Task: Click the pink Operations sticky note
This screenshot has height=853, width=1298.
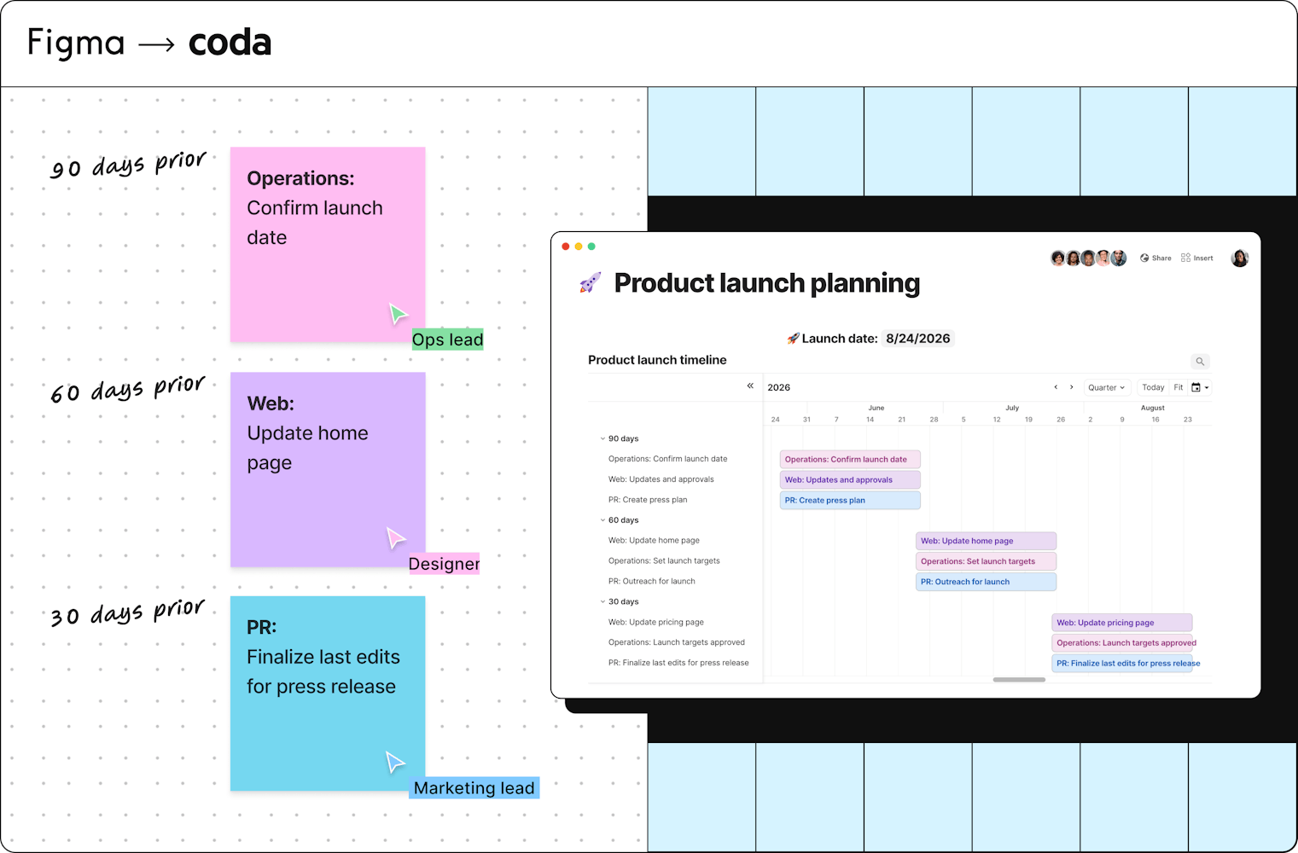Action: pos(328,244)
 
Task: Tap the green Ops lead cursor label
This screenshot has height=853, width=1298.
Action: pos(447,339)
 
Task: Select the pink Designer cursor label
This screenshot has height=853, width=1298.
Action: pos(444,564)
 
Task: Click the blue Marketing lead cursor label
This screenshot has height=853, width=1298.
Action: pos(474,787)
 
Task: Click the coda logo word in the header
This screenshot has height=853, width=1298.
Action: pos(230,43)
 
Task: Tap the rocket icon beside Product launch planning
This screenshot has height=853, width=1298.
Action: pos(591,282)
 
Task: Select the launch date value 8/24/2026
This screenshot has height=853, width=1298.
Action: pos(918,338)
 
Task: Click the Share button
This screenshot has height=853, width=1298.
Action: pos(1155,258)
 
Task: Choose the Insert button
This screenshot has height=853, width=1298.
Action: pos(1197,258)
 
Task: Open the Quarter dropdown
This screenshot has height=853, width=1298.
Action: pos(1106,387)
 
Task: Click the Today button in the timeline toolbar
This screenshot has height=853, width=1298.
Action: pos(1153,387)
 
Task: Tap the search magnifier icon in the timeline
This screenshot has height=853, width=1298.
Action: pos(1200,362)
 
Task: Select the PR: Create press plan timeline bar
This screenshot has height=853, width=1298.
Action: pos(850,501)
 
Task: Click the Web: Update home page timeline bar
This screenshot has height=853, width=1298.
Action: pos(986,541)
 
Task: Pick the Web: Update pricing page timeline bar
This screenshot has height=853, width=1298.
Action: pos(1122,623)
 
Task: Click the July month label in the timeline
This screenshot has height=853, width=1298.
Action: pos(1012,408)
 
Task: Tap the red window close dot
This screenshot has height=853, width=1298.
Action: pos(566,247)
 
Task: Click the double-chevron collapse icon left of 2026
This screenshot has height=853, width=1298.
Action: pos(750,386)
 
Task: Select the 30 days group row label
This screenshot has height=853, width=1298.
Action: pos(623,601)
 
